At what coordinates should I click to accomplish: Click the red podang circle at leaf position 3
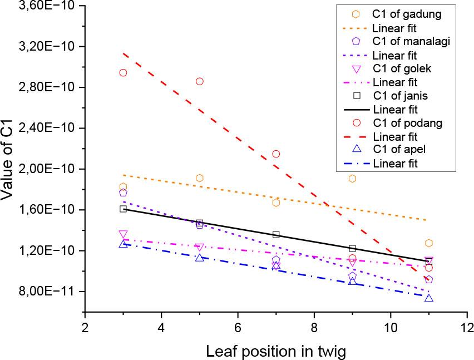123,72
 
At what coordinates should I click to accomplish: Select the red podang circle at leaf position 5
200,81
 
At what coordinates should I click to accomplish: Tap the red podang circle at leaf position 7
276,154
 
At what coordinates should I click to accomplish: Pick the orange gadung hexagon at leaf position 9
352,179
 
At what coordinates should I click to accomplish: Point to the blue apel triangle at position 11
428,298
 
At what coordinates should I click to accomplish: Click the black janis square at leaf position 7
276,234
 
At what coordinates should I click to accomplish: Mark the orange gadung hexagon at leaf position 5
200,178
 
